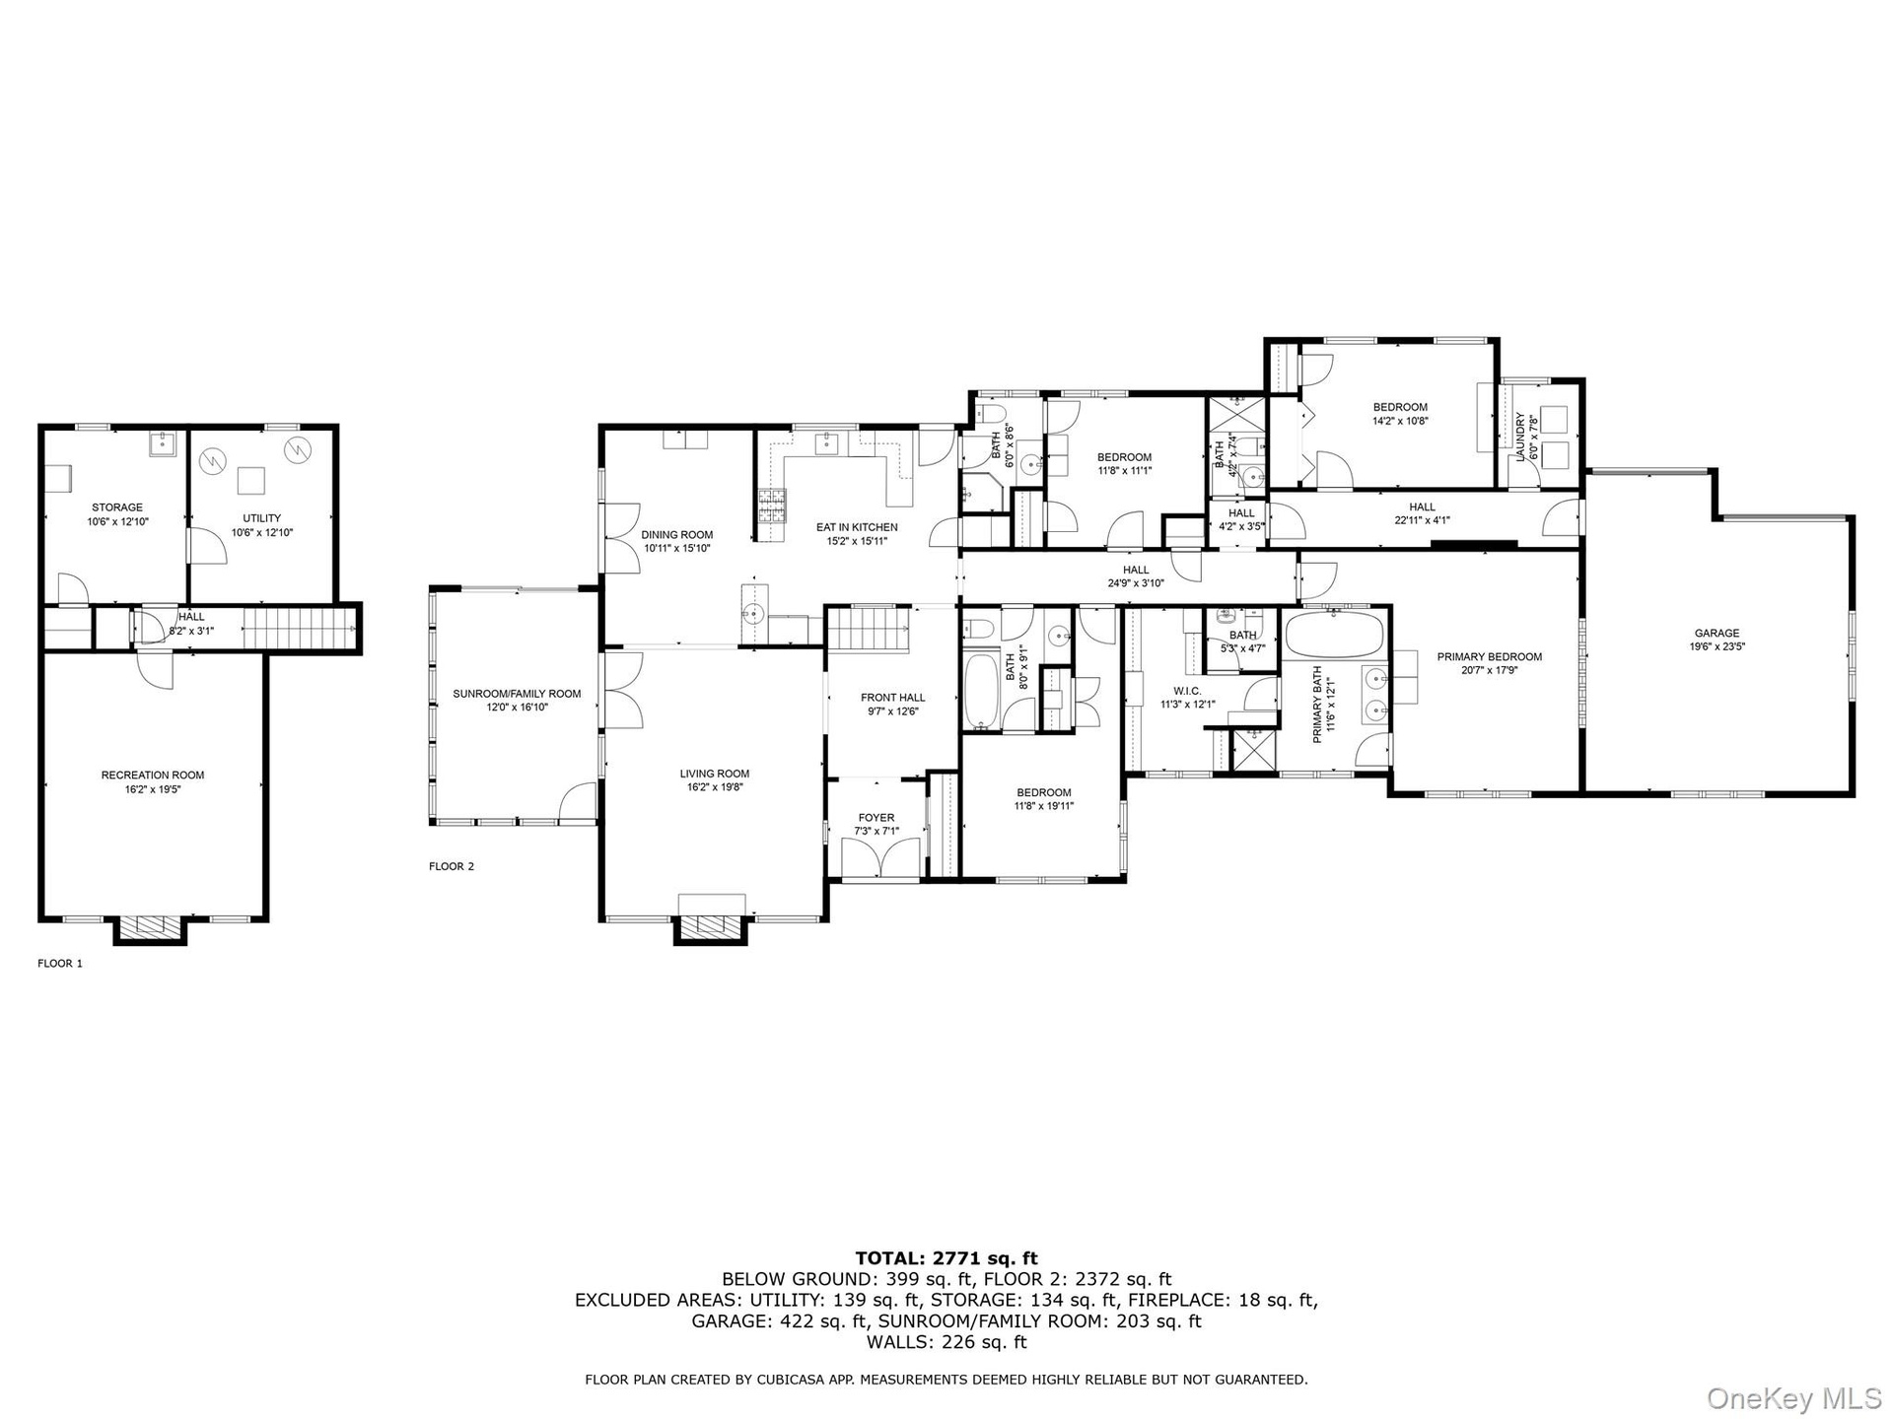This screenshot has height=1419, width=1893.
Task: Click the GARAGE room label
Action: coord(1717,634)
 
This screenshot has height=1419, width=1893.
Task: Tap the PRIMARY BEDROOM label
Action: coord(1489,657)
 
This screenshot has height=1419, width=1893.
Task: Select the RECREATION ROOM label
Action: coord(153,776)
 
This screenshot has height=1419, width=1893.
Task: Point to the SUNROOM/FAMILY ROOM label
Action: coord(517,694)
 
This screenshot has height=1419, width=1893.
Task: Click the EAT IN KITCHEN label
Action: coord(857,527)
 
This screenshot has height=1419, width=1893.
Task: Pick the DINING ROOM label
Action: coord(676,535)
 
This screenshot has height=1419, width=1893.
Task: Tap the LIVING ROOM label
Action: coord(714,774)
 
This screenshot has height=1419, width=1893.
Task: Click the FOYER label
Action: coord(876,818)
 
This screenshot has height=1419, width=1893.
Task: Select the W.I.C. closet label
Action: coord(1187,691)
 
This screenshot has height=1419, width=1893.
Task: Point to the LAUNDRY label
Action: coord(1521,431)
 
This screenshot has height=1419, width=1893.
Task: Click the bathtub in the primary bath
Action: coord(1334,633)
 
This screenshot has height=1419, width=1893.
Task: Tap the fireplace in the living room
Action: coord(710,926)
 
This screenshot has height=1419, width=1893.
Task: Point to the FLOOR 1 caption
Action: coord(60,964)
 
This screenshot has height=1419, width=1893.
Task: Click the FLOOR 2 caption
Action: coord(452,867)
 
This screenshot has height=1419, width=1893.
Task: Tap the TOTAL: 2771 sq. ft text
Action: coord(946,1257)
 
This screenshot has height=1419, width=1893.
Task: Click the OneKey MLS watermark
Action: coord(1794,1397)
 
